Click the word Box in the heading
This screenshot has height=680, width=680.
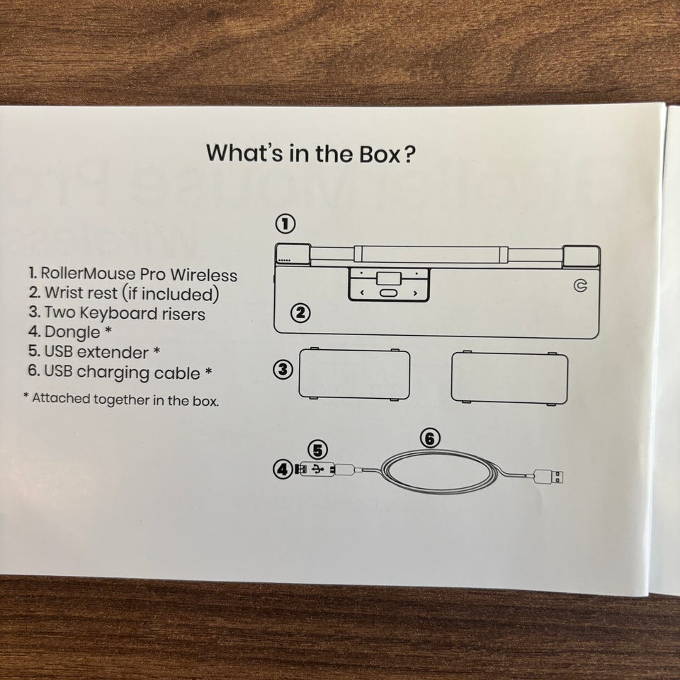tap(380, 154)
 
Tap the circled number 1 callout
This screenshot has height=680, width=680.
tap(285, 225)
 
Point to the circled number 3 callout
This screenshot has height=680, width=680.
tap(283, 370)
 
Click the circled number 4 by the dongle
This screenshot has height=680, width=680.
tap(283, 469)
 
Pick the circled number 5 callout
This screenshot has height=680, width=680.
tap(318, 450)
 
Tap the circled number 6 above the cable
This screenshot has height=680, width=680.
tap(430, 438)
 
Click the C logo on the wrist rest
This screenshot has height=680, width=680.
tap(580, 285)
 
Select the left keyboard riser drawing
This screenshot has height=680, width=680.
tap(354, 374)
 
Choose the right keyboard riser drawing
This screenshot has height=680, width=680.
tap(509, 378)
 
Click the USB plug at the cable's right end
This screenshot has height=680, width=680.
tap(549, 477)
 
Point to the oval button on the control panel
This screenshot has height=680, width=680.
tap(388, 293)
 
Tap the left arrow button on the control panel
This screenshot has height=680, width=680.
tap(362, 293)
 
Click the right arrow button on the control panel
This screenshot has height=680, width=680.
tap(415, 293)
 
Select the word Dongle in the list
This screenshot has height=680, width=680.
tap(72, 332)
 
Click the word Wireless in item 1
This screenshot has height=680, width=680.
tap(204, 275)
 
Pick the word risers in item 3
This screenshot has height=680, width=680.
tap(183, 314)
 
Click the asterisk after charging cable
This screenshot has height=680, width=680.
tap(208, 371)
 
